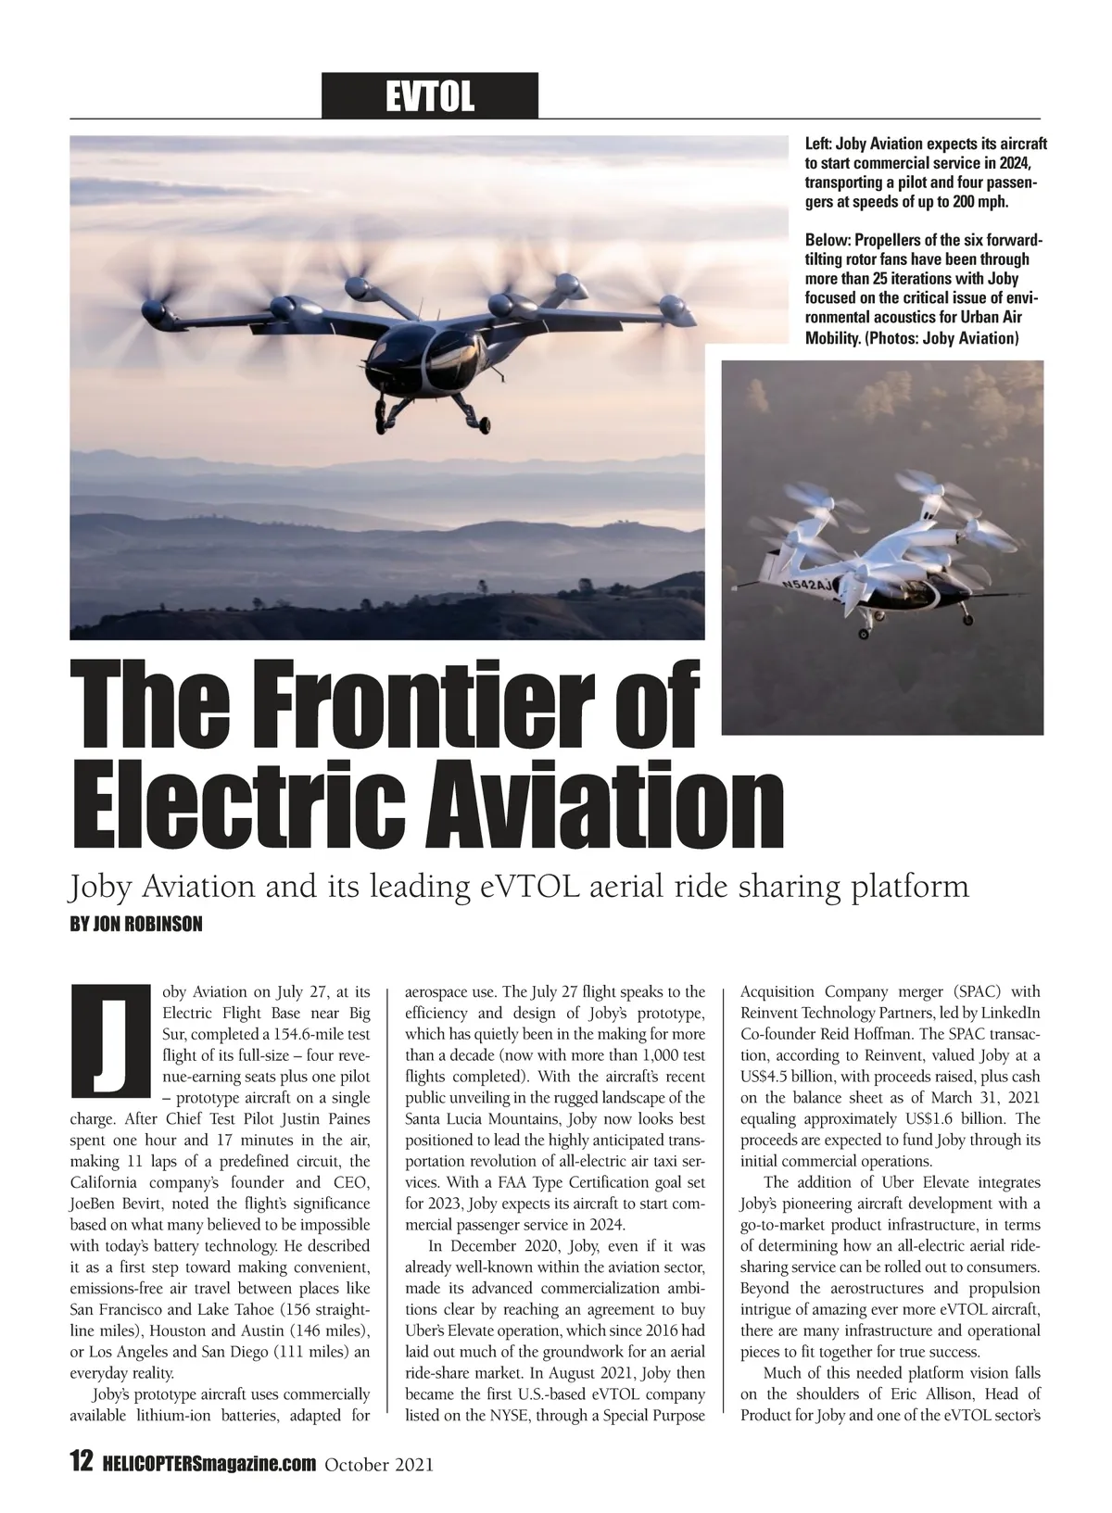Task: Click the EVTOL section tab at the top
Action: [429, 95]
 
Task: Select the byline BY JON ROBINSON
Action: [135, 925]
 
